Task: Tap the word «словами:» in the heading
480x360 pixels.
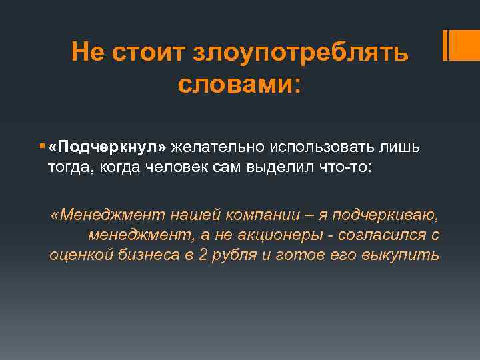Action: point(239,85)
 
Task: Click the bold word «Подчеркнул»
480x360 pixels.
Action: point(109,147)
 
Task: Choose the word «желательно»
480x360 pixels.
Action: point(209,147)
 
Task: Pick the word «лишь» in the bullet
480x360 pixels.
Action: point(404,147)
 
